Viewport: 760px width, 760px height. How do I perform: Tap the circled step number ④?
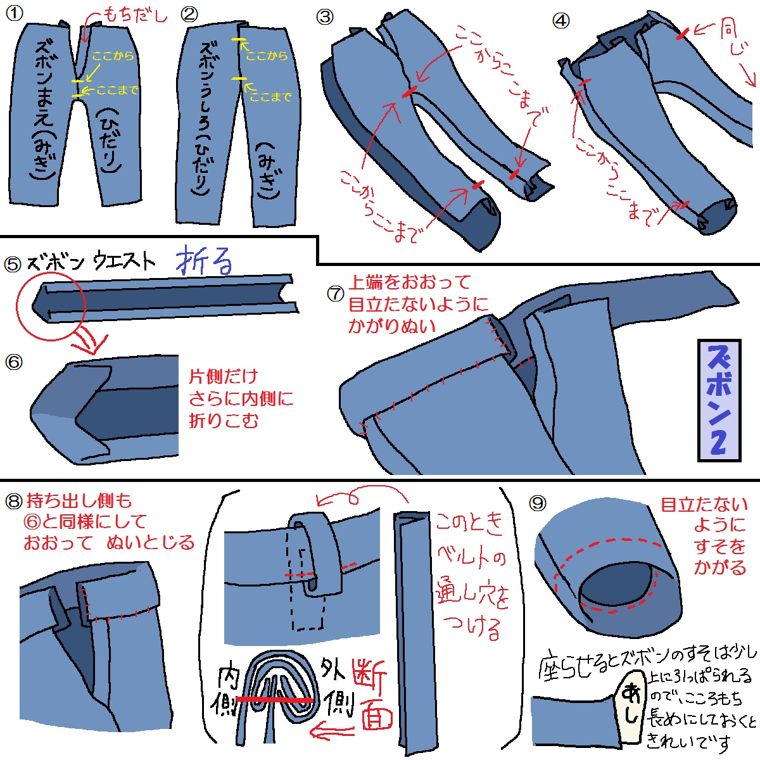(561, 21)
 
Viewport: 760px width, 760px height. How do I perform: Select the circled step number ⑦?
(336, 293)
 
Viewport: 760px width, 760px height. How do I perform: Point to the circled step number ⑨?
(538, 503)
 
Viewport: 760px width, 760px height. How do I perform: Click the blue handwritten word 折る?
(204, 260)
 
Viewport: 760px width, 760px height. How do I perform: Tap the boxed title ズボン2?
(719, 401)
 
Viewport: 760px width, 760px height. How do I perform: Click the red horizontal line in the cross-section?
(275, 700)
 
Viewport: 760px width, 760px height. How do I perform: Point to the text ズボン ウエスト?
(91, 262)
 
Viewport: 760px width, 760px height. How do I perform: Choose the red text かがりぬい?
(392, 326)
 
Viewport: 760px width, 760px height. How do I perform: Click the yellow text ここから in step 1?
(113, 56)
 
